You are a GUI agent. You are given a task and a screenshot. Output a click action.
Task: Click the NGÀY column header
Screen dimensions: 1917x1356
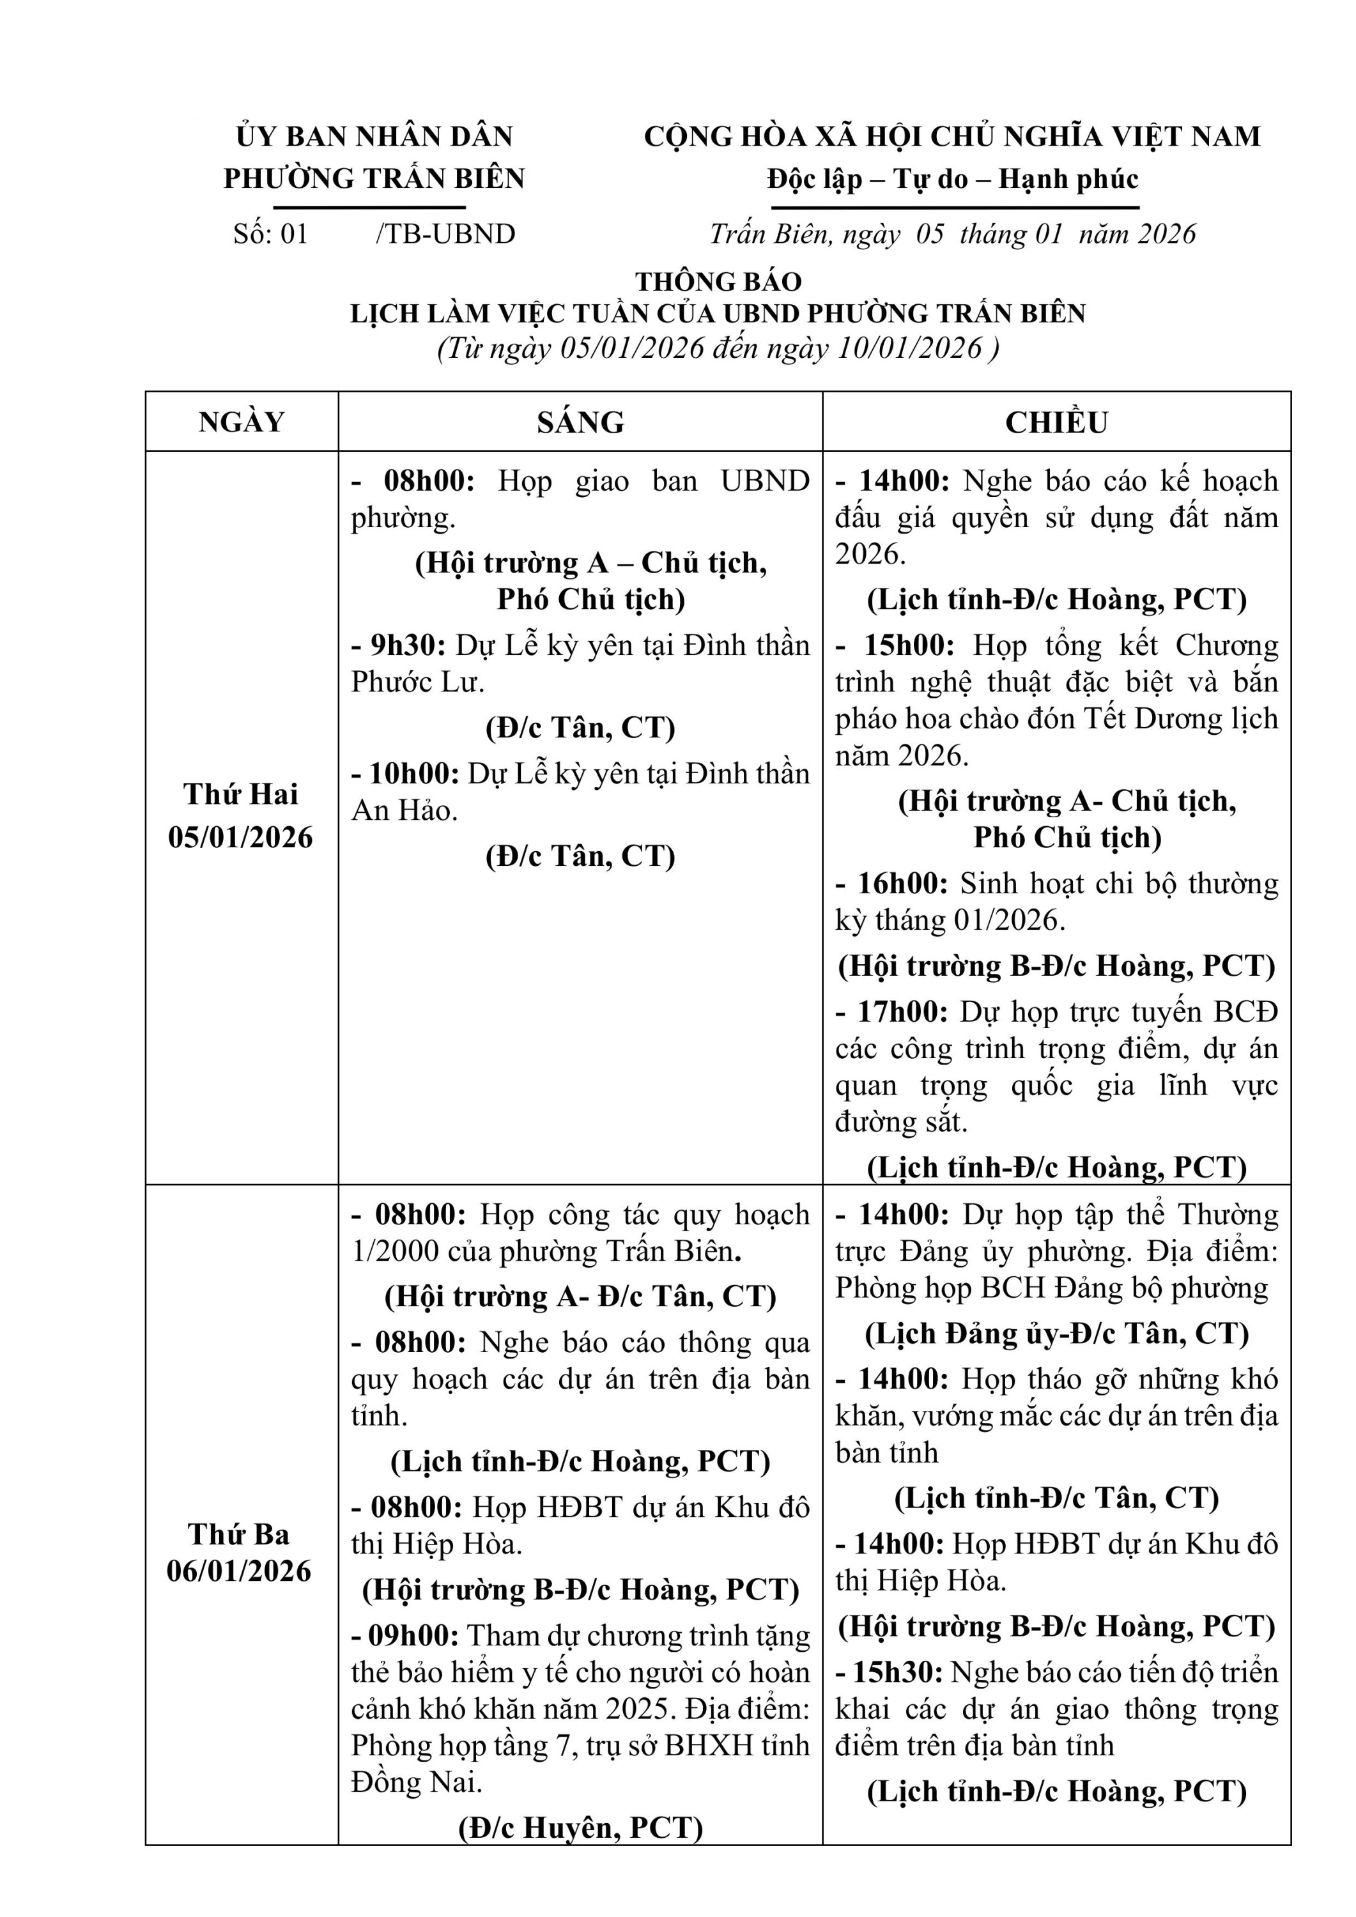[x=242, y=422]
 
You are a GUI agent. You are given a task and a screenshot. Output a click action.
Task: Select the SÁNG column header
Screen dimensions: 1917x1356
[x=580, y=422]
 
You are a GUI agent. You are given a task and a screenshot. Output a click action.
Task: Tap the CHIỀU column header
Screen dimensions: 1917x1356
[x=1056, y=422]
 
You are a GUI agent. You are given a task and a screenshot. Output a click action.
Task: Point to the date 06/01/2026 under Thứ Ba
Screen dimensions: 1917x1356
[x=239, y=1571]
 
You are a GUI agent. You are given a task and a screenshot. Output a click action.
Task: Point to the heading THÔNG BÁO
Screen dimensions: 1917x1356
[x=718, y=281]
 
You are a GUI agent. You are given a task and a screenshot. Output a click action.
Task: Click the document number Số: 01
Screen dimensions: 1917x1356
[x=270, y=234]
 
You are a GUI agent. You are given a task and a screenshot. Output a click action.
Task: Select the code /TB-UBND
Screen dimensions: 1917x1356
[x=445, y=234]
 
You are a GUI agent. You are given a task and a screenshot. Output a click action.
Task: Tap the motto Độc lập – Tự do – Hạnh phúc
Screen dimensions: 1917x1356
[x=953, y=179]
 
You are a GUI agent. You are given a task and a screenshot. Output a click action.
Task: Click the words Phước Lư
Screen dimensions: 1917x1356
[x=417, y=682]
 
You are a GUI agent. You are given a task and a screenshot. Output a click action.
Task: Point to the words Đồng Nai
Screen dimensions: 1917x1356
[x=417, y=1783]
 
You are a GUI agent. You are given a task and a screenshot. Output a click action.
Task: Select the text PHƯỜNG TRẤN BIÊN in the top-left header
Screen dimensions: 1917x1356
[x=374, y=179]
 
